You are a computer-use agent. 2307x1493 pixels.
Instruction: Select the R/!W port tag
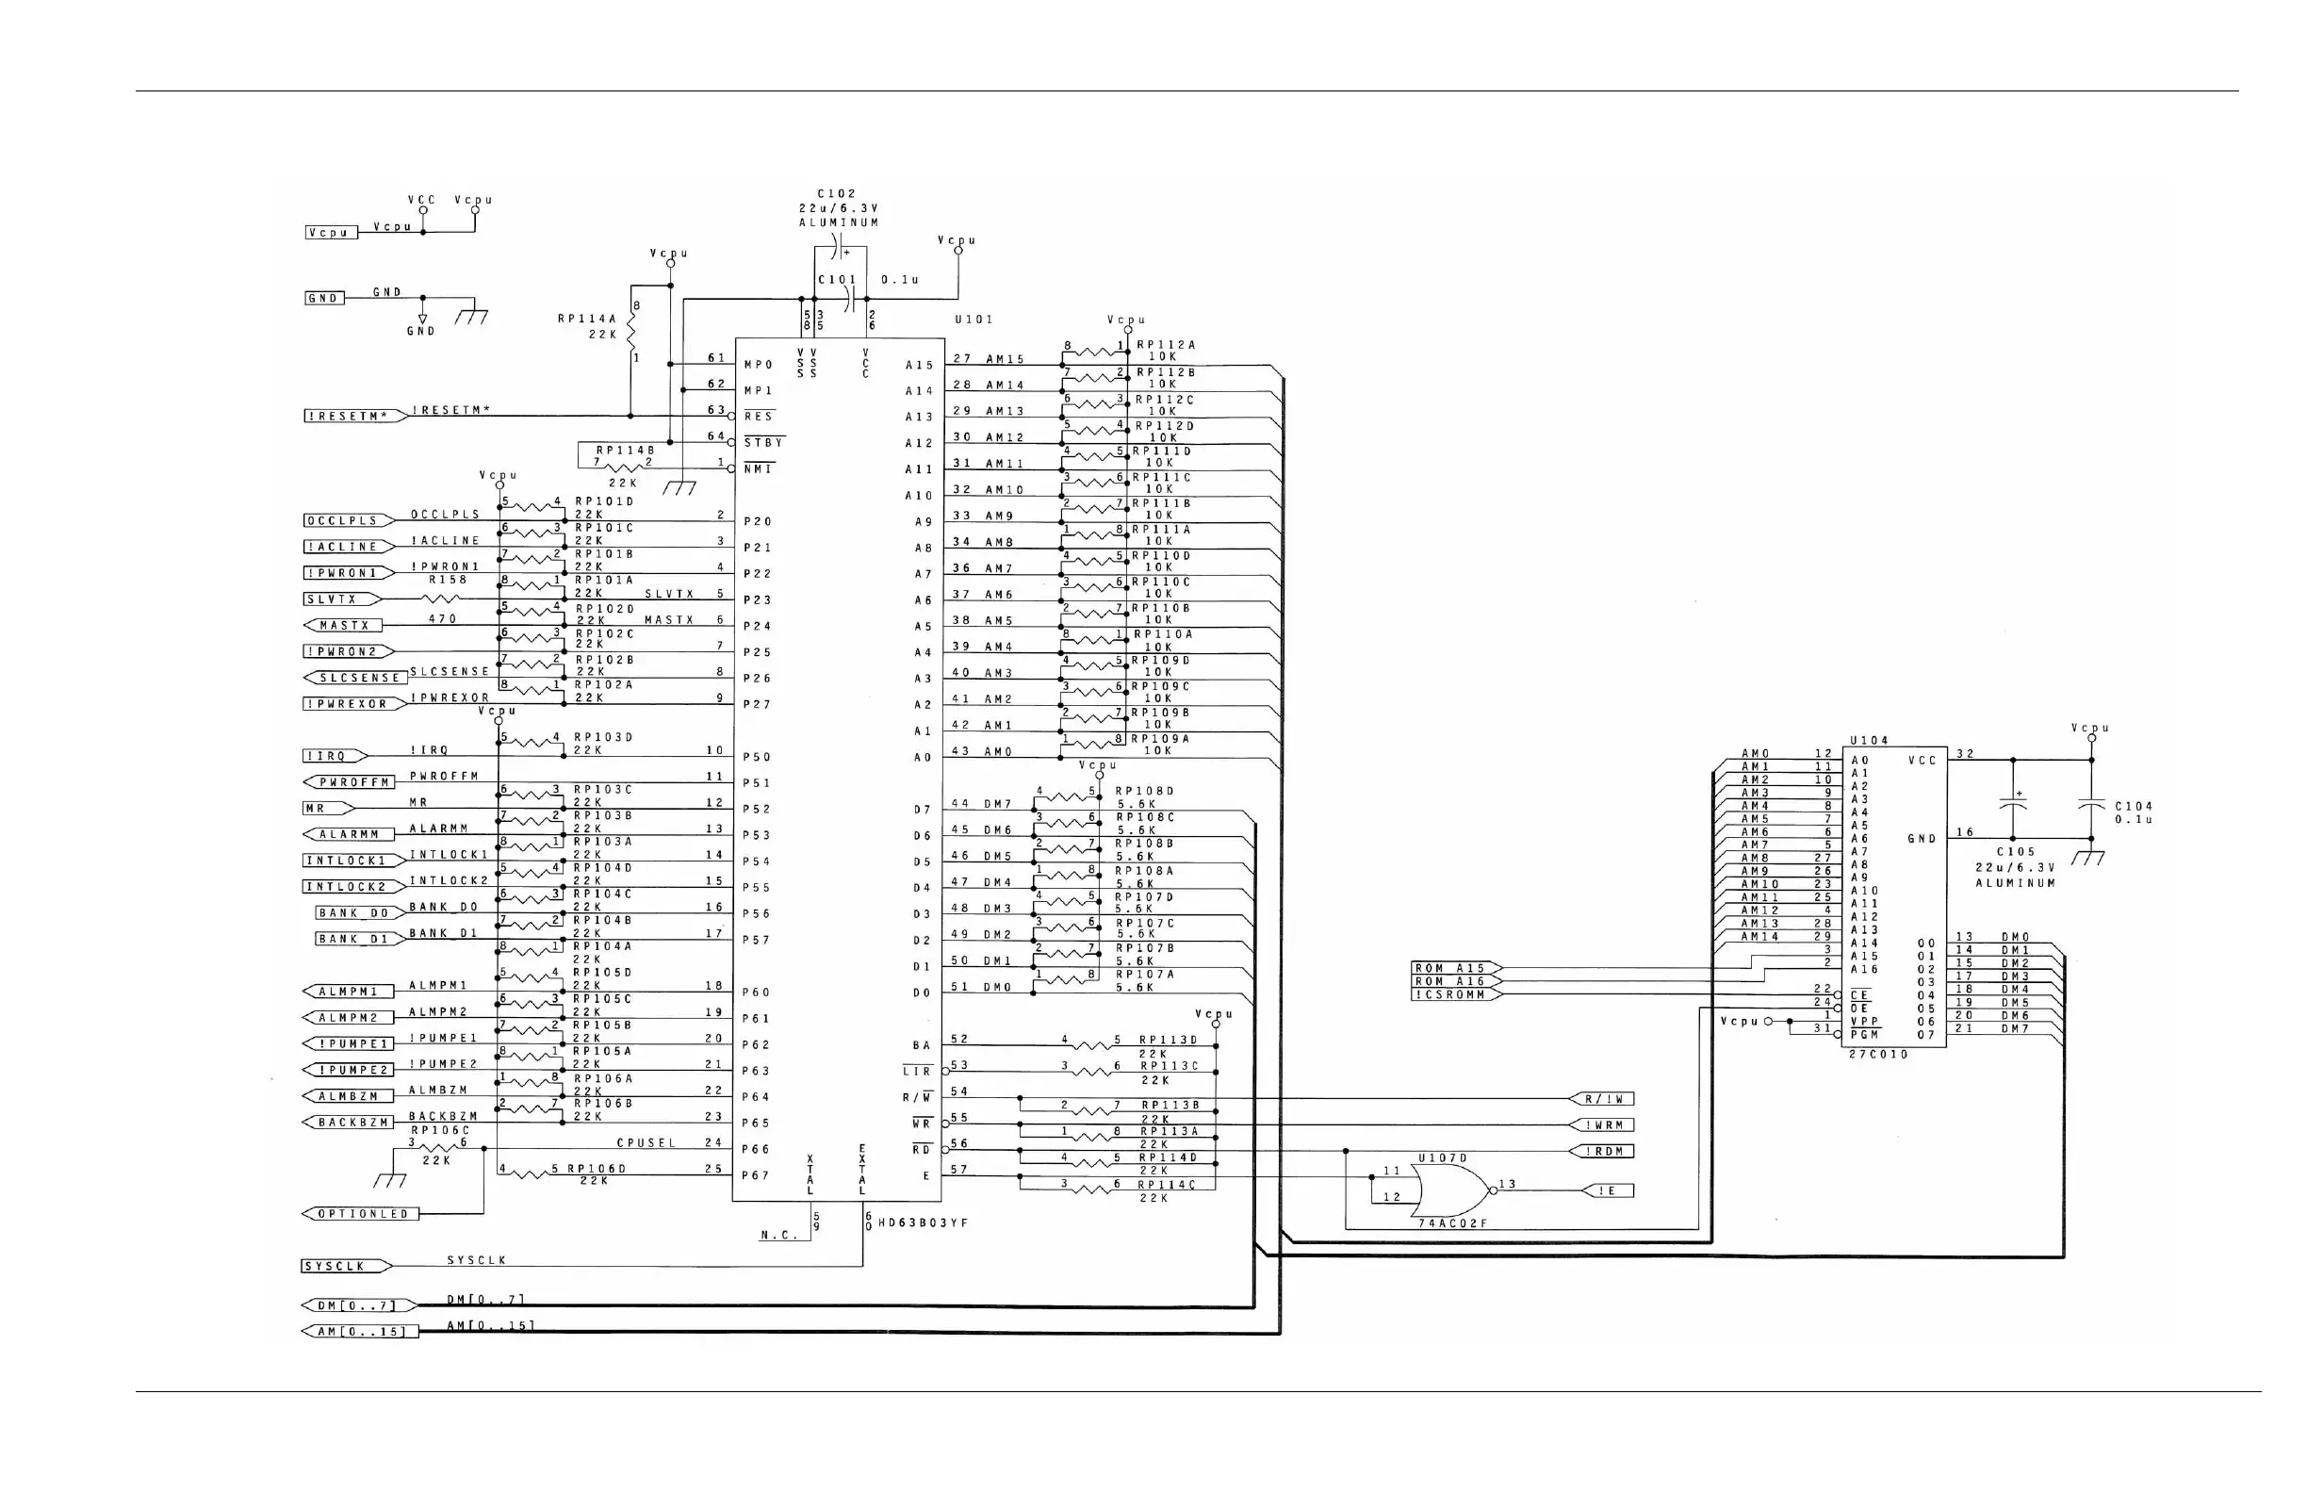(1603, 1099)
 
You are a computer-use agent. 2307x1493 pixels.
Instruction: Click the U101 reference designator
(974, 320)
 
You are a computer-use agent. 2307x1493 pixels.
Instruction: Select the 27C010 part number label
(1878, 1055)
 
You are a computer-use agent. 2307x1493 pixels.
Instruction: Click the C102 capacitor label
(837, 194)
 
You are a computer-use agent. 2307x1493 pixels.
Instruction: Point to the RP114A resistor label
(587, 319)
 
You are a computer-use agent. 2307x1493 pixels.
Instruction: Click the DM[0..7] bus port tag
(357, 1305)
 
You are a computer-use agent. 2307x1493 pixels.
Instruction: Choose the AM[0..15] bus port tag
(361, 1332)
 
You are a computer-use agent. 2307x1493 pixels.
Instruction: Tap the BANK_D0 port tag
(353, 913)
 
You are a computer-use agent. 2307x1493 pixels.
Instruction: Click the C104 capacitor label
(2134, 807)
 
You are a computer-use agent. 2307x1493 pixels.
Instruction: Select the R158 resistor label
(448, 580)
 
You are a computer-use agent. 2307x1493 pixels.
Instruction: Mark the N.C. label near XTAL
(778, 1235)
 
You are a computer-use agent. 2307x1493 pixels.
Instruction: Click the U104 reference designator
(1869, 741)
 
